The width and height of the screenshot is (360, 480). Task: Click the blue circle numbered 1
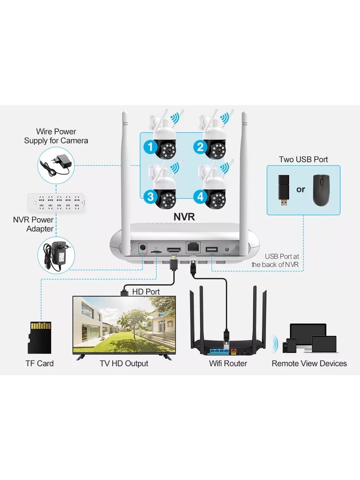[150, 147]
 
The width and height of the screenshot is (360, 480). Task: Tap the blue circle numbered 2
[200, 147]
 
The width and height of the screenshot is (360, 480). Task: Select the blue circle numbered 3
[150, 196]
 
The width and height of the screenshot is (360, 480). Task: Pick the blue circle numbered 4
[200, 196]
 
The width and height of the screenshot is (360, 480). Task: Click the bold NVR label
[184, 216]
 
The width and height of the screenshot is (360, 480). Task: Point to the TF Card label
[40, 364]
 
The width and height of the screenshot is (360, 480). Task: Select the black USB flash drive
[284, 190]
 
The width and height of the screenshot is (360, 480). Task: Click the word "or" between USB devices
[301, 190]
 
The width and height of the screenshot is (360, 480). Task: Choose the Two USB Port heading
[303, 160]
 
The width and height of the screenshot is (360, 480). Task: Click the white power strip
[56, 203]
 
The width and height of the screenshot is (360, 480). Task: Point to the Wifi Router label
[228, 364]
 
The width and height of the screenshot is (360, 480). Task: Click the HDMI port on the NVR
[174, 249]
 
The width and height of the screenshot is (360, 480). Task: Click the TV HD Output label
[124, 364]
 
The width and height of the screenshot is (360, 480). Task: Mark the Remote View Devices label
[309, 364]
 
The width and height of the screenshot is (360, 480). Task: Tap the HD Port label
[146, 292]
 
